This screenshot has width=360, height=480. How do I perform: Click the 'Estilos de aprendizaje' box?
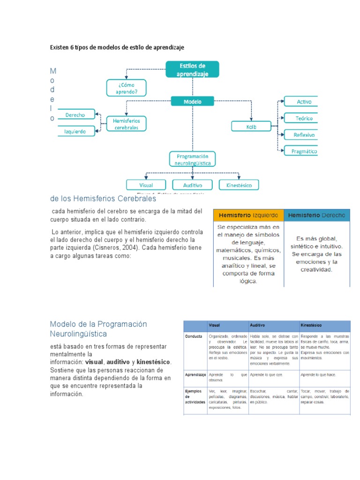pos(192,69)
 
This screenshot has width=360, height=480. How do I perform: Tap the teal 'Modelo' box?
pos(192,101)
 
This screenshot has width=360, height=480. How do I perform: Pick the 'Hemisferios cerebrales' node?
pos(126,124)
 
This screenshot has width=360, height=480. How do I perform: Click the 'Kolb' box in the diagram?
pos(251,126)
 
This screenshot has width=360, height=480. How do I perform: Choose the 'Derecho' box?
pos(75,114)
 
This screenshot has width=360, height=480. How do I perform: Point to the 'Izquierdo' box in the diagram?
pos(75,132)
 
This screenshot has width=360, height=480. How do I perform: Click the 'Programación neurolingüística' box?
pos(192,159)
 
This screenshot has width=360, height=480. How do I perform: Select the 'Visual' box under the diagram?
pos(146,185)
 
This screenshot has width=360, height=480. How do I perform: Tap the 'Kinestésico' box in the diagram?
pos(239,185)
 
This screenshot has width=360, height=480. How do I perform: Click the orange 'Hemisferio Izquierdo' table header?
pos(248,215)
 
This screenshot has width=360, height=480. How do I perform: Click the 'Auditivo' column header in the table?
pos(273,325)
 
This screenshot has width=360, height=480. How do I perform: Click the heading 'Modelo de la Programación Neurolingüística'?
pos(98,329)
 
